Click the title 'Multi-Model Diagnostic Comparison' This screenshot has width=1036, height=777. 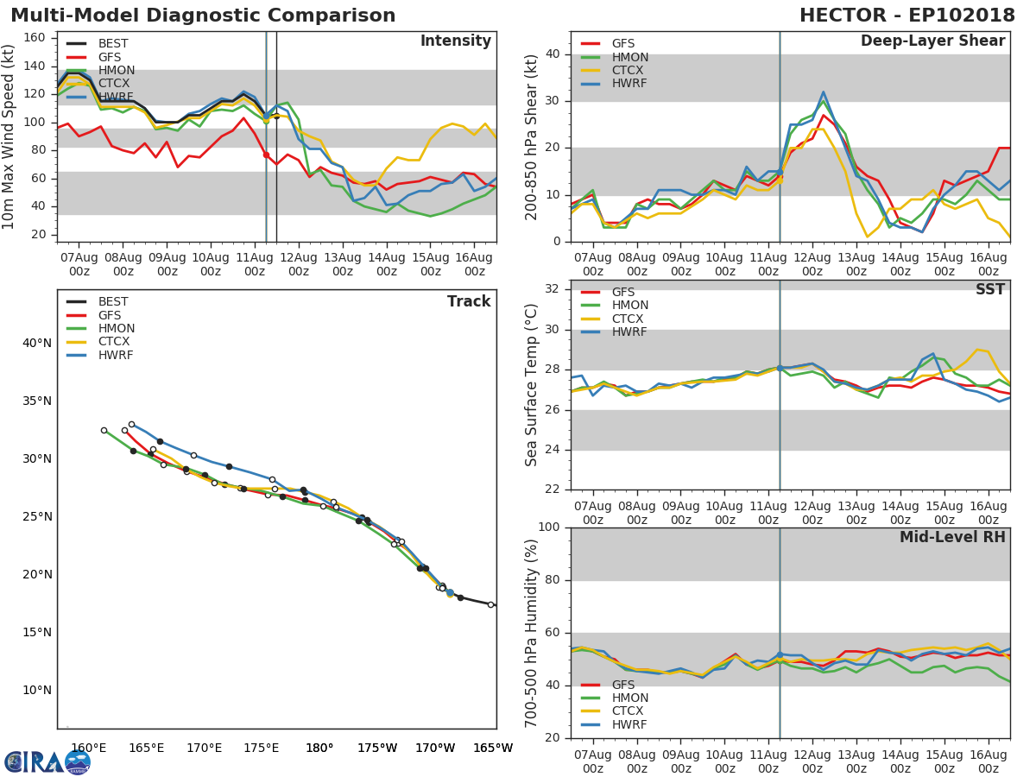(x=203, y=16)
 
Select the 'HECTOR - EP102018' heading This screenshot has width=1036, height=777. (x=907, y=16)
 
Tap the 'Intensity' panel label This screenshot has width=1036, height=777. (x=455, y=41)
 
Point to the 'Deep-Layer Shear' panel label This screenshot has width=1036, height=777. (x=932, y=41)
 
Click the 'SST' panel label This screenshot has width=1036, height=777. (x=989, y=290)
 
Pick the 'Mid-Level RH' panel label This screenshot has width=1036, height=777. (x=952, y=538)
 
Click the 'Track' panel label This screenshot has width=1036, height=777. (x=469, y=301)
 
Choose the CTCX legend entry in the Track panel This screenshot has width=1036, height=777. (x=113, y=342)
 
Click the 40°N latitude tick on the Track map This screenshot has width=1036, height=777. (x=36, y=343)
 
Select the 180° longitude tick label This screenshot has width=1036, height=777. (x=319, y=749)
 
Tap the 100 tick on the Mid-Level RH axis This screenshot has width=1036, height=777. (x=550, y=527)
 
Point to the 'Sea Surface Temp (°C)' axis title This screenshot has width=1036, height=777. (x=532, y=385)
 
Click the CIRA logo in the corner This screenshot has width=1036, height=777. (x=47, y=761)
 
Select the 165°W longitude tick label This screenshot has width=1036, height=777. (x=493, y=749)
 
